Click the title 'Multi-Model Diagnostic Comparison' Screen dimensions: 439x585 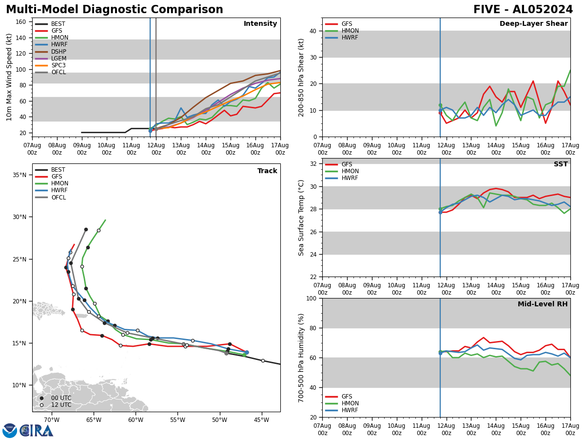pos(115,10)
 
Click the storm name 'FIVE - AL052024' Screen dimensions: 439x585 pos(523,10)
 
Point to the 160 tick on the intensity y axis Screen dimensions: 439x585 pos(21,22)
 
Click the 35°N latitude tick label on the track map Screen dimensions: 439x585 pos(19,175)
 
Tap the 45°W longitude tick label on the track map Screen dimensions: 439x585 pos(261,419)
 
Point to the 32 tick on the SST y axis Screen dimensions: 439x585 pos(314,164)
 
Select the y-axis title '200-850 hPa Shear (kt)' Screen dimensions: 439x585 pos(302,77)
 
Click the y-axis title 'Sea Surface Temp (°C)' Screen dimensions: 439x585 pos(302,218)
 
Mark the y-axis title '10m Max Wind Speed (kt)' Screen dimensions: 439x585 pos(10,77)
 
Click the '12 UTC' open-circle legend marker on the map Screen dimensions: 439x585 pos(41,405)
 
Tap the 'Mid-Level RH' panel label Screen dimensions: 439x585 pos(543,304)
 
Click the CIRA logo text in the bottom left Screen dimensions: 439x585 pos(37,431)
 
